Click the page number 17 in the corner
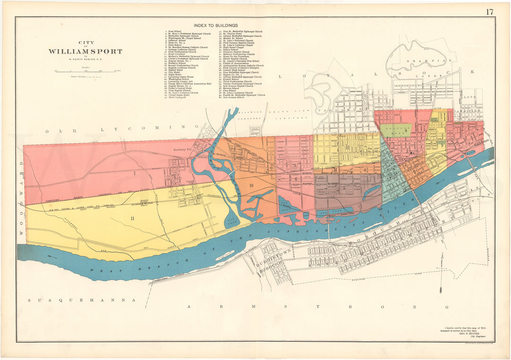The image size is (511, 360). click(x=489, y=12)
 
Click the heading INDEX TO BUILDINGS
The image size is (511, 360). click(x=215, y=26)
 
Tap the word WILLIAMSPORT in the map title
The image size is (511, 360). click(x=85, y=52)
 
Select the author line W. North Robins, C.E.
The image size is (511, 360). click(x=85, y=59)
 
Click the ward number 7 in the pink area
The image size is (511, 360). click(x=134, y=174)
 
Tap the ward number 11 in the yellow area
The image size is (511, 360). click(x=132, y=218)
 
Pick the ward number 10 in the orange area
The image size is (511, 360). click(x=251, y=185)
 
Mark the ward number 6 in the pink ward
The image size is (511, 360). click(x=296, y=179)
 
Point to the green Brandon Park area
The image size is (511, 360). click(x=396, y=130)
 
